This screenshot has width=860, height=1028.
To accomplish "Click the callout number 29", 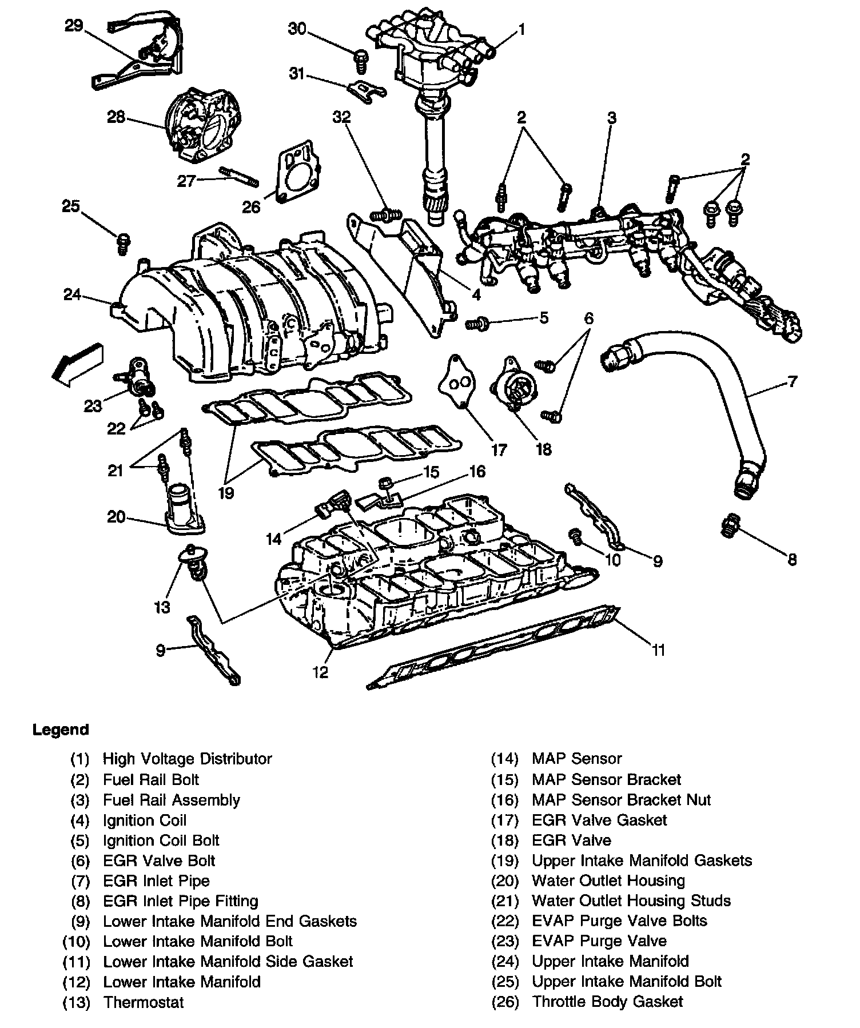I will click(x=74, y=26).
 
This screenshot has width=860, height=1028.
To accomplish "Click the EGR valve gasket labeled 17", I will click(x=456, y=382).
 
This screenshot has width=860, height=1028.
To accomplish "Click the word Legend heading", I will click(x=61, y=730).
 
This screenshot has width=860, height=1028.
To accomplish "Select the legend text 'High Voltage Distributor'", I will click(x=187, y=759).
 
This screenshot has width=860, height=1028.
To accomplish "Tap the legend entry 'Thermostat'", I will click(x=144, y=1002).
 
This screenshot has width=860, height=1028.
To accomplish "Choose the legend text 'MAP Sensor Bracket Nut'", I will click(x=621, y=800).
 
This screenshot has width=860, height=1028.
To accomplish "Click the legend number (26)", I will click(x=504, y=1002).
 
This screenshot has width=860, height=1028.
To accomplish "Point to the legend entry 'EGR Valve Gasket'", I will click(x=599, y=820).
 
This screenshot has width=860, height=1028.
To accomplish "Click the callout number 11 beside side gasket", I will click(x=659, y=650).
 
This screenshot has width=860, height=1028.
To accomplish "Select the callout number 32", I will click(x=342, y=117).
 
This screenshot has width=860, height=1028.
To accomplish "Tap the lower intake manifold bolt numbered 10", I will click(x=576, y=536).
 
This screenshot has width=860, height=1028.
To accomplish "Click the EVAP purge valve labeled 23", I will click(x=139, y=377).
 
